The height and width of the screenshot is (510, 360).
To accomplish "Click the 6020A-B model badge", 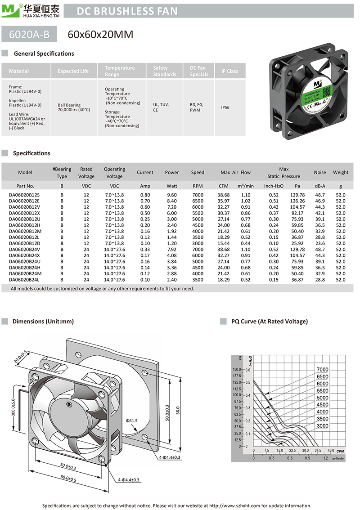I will pyautogui.click(x=30, y=34).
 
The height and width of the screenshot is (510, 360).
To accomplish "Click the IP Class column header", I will pyautogui.click(x=229, y=71).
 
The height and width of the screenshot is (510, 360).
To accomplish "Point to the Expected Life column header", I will pyautogui.click(x=73, y=71).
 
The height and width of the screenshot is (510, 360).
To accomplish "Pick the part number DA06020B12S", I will pyautogui.click(x=24, y=195).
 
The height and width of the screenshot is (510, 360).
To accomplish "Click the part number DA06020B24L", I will pyautogui.click(x=25, y=279).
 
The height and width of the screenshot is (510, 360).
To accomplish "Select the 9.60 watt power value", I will pyautogui.click(x=171, y=195).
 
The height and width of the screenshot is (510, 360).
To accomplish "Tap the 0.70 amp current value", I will pyautogui.click(x=145, y=201).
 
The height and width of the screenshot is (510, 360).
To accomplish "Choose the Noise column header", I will pyautogui.click(x=320, y=172).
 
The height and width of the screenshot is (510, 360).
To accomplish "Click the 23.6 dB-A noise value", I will pyautogui.click(x=320, y=243).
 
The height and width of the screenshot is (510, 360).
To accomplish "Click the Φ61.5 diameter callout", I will pyautogui.click(x=131, y=421).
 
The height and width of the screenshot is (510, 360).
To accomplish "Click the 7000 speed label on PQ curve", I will pyautogui.click(x=323, y=370).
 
